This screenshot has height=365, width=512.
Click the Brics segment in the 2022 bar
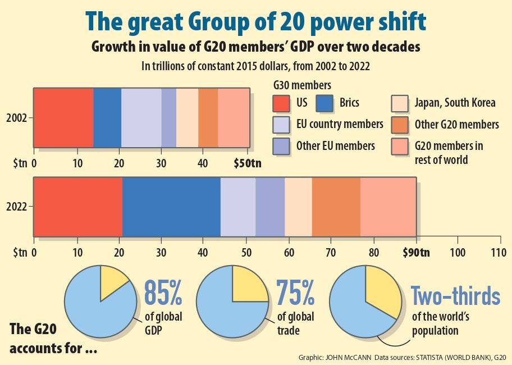[x=171, y=206]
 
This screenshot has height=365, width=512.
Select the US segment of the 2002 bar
[x=63, y=118]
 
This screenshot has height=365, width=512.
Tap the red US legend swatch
[x=281, y=103]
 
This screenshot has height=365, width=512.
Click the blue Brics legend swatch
[x=325, y=103]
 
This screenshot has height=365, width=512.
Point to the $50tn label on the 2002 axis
[x=248, y=163]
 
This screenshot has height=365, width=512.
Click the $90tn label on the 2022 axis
[x=416, y=252]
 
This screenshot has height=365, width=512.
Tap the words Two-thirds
[x=455, y=295]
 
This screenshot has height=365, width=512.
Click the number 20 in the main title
[x=307, y=22]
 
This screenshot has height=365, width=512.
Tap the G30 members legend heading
[x=301, y=85]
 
